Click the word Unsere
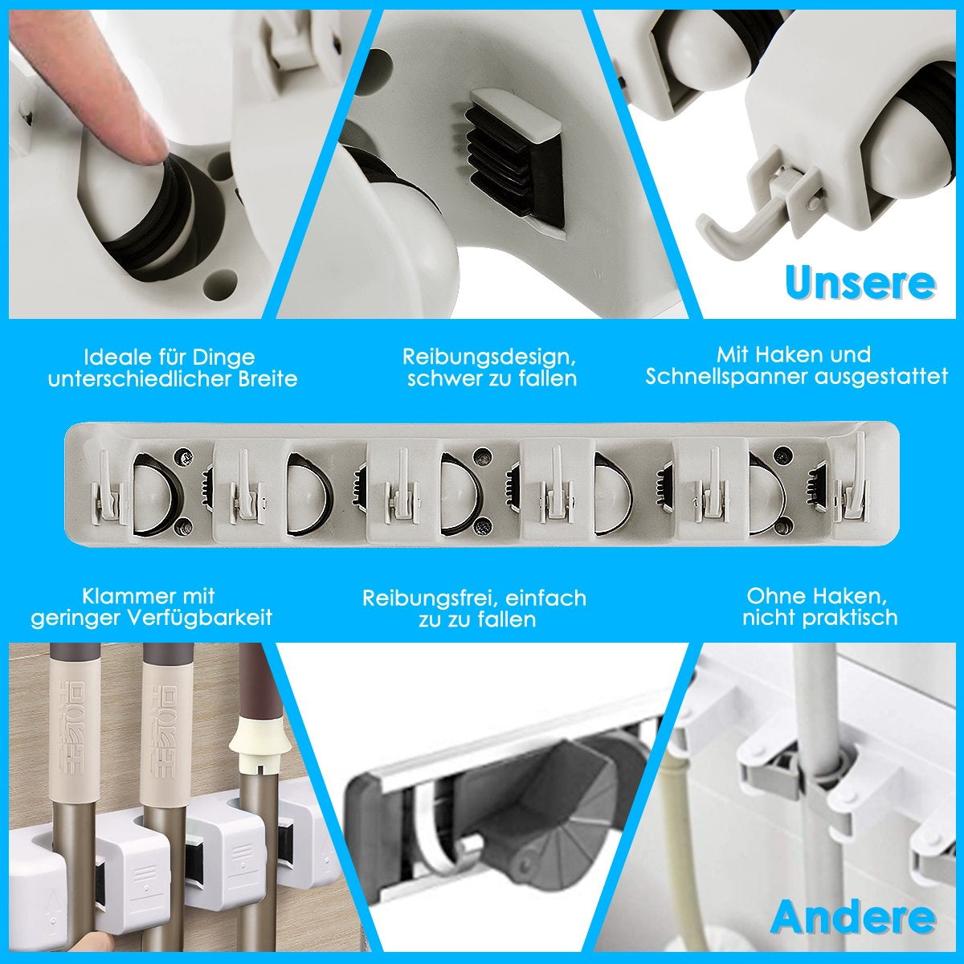point(860,282)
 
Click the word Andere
point(853,917)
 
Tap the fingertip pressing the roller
point(145,135)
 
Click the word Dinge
point(224,358)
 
